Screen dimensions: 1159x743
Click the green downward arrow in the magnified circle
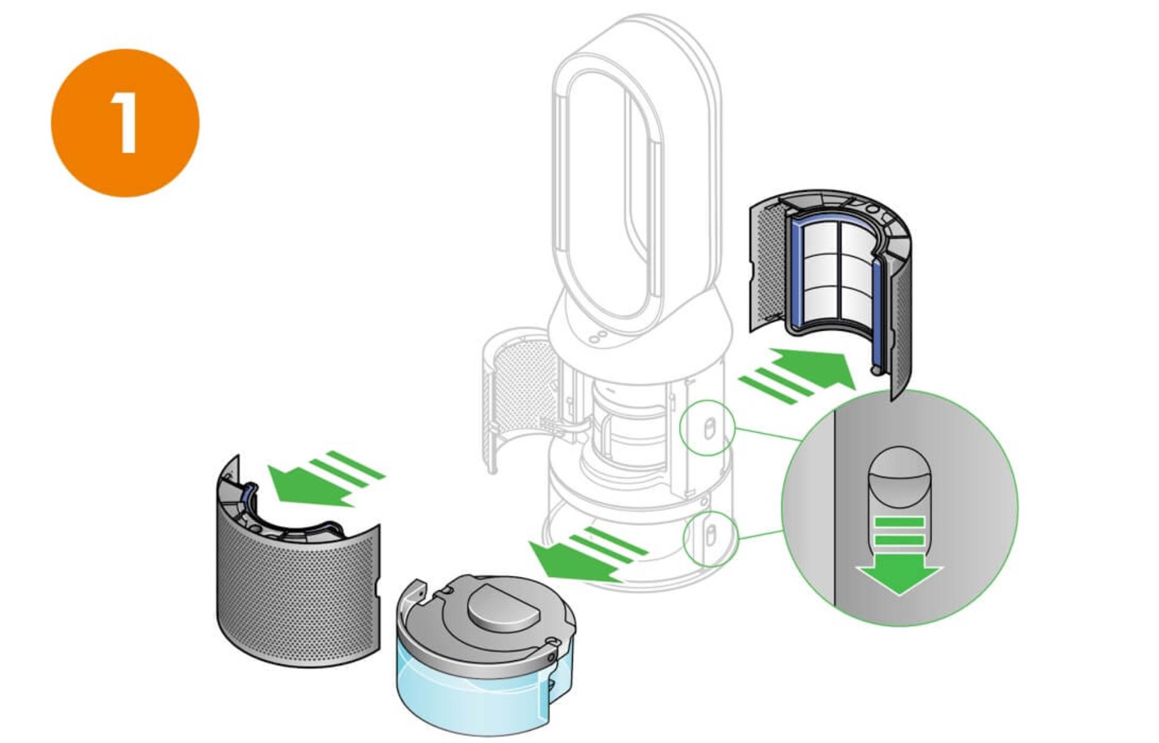coord(899,555)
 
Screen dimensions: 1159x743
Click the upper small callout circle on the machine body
coord(707,428)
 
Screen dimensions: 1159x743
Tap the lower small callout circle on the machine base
coord(710,538)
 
